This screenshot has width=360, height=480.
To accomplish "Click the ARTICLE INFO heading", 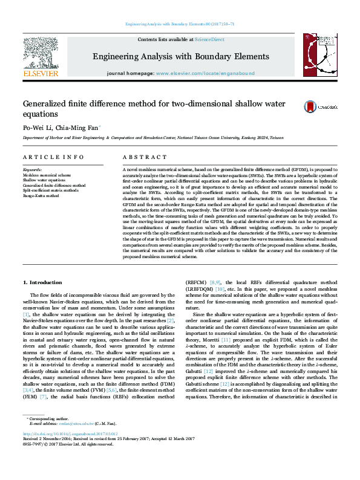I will coord(54,157).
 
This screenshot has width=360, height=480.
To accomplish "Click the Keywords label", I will coord(33,170).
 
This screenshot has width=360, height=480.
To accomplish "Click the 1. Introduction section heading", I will coord(47,283).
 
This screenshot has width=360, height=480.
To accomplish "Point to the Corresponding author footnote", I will coord(48,435).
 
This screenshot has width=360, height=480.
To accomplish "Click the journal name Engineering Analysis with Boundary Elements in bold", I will coord(180,57).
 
